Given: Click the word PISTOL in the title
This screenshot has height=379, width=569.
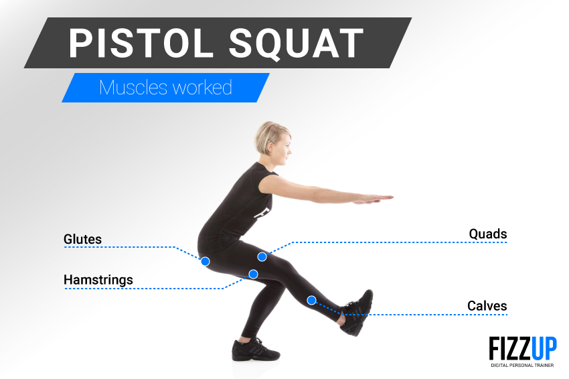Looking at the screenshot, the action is tap(141, 44).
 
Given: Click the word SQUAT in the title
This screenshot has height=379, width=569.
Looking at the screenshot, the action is tap(296, 44).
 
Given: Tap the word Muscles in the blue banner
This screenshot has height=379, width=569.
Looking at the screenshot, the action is tap(133, 88).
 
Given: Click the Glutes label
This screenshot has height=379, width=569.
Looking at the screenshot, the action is tap(82, 239).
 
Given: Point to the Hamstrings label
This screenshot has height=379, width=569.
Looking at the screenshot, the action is tap(98, 280).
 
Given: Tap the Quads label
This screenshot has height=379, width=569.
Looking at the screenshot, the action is tap(488, 234).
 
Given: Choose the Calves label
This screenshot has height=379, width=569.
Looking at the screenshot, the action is tap(487, 305).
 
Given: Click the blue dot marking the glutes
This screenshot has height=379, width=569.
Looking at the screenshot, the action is tap(206, 261).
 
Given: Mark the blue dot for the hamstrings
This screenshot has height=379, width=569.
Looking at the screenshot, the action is tap(253, 274).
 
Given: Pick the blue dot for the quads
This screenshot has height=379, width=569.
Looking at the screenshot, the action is tap(262, 257).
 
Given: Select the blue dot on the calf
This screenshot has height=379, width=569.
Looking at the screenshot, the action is tap(311, 300).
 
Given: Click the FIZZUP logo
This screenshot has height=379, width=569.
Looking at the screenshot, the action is tap(523, 348).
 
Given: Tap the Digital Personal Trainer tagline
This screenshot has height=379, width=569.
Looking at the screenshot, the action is tap(523, 365).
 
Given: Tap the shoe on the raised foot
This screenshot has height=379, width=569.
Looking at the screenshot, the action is tap(357, 312).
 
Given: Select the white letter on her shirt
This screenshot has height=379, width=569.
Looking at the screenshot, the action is tap(262, 213).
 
